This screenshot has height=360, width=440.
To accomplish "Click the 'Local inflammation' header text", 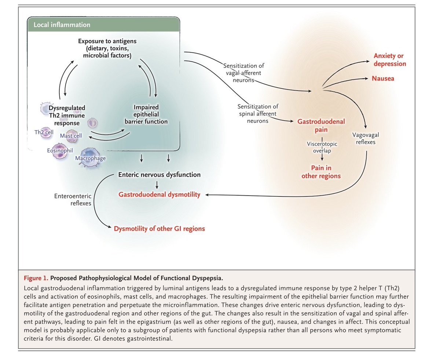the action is point(62,25).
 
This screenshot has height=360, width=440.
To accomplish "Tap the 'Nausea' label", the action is point(383,79).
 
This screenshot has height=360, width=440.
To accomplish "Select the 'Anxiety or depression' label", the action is point(390,60).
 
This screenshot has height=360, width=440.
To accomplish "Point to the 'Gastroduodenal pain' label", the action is point(321,126).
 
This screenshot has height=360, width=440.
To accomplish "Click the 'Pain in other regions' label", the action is point(321,172).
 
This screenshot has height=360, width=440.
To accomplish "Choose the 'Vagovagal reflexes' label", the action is point(366,138).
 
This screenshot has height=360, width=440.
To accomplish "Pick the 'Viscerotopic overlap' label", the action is point(322,147).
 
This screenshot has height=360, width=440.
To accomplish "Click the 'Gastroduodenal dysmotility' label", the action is point(159,194).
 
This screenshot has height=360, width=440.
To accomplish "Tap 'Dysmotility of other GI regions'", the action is point(159,229).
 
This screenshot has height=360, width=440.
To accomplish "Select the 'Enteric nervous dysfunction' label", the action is point(159,175).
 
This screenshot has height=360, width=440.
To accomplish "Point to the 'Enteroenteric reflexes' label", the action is point(73,200).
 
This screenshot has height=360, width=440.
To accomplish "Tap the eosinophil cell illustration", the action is point(60,150).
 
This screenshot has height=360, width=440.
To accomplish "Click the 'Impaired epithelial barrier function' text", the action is point(146,114).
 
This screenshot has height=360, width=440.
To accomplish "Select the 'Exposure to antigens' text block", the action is point(107,48).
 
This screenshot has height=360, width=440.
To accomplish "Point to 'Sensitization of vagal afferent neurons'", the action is point(243,73).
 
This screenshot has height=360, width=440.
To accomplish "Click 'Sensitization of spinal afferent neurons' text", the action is point(258,114).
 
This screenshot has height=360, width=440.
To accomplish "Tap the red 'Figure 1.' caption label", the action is point(36,278).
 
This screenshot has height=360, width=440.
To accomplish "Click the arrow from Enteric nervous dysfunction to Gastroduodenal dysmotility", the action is point(157,185).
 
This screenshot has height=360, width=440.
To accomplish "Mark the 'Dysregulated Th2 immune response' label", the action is point(67,115).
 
